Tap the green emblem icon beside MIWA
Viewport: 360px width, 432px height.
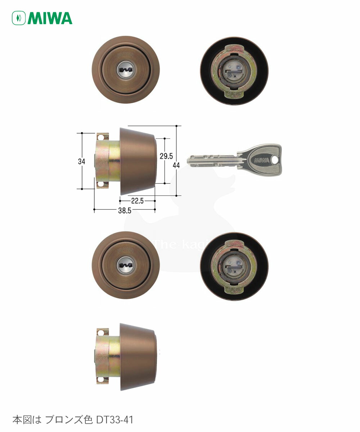(19, 18)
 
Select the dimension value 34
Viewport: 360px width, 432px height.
(82, 161)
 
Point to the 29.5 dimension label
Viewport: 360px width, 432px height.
(167, 156)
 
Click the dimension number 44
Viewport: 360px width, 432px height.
(176, 165)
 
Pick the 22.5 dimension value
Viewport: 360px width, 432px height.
(137, 201)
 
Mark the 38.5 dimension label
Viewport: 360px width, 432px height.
(124, 211)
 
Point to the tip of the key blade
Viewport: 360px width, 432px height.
(189, 161)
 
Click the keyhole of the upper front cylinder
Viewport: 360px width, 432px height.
(125, 69)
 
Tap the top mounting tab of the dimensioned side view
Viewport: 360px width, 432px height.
(103, 137)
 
